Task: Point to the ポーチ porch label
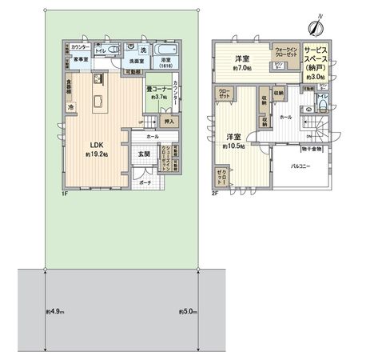(x=145, y=182)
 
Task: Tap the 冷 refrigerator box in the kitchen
(x=71, y=106)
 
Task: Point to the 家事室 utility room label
(x=82, y=59)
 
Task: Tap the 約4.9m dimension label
(x=54, y=310)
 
